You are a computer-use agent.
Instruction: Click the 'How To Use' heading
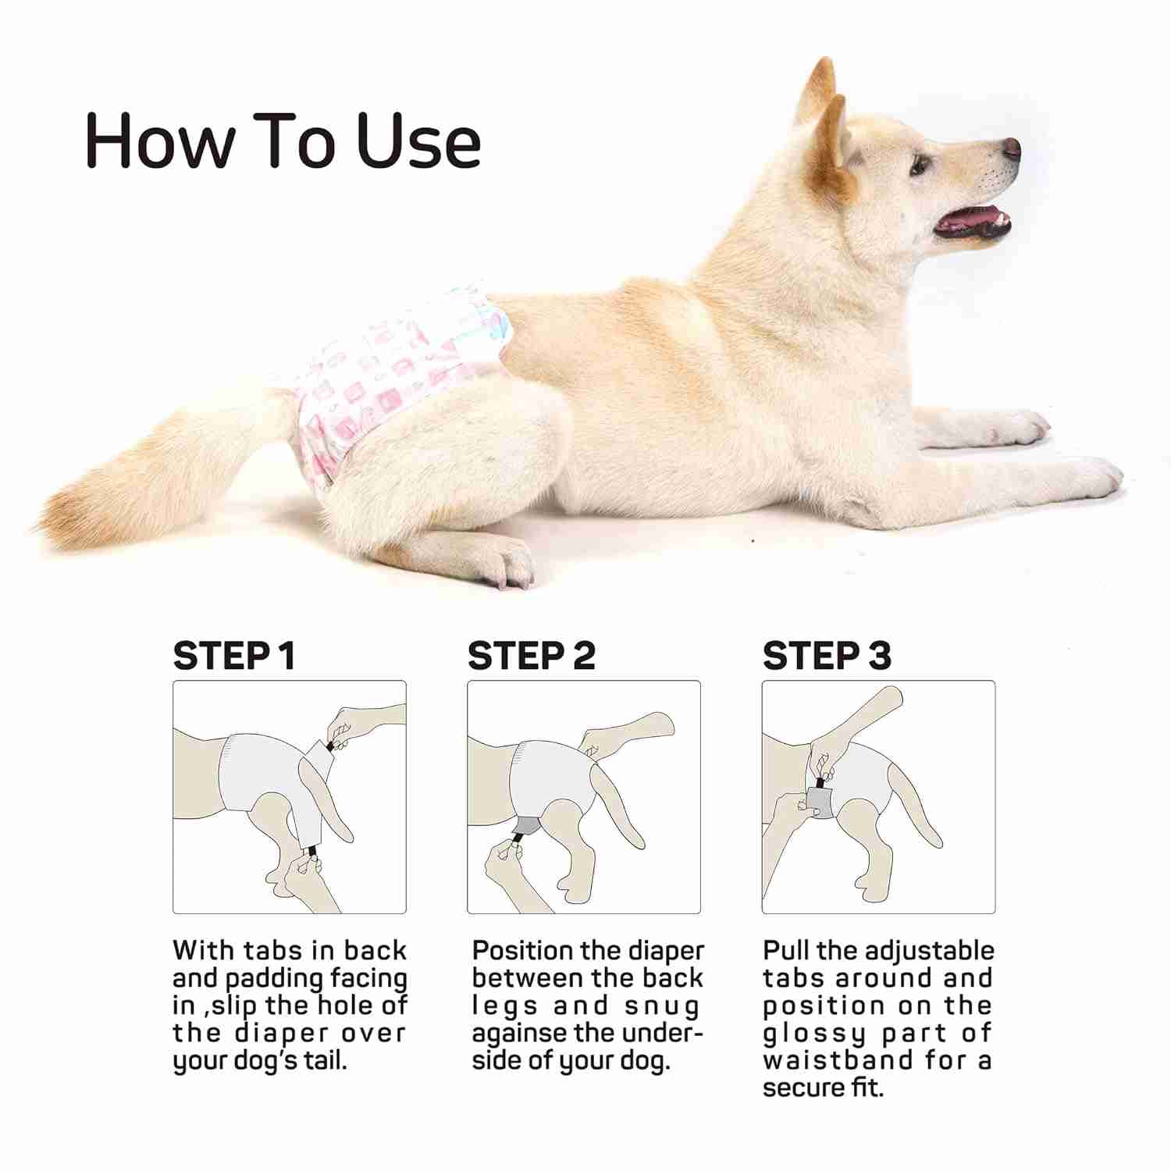[283, 141]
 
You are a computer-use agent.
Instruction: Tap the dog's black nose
[1011, 148]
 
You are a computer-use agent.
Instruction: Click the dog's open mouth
[972, 223]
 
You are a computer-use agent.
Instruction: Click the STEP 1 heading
[234, 656]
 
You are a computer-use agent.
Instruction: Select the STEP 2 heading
[531, 656]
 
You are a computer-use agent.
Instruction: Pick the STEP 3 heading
[826, 656]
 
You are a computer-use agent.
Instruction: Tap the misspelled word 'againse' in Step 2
[518, 1034]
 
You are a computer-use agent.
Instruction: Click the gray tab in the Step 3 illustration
[819, 803]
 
